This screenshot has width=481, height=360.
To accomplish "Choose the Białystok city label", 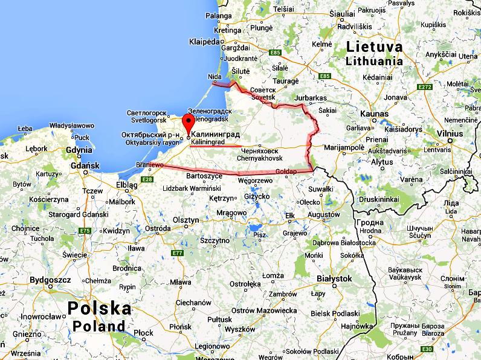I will point(334,278).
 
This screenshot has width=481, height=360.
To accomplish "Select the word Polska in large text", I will point(99,308).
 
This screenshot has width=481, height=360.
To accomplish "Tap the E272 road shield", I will point(425,88).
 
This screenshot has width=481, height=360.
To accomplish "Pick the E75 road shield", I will point(85,231).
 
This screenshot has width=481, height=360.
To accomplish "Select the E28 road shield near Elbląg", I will point(145,179).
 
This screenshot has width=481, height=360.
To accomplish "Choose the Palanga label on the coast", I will point(219,16).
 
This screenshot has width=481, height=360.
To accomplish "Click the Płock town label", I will point(144,333).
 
